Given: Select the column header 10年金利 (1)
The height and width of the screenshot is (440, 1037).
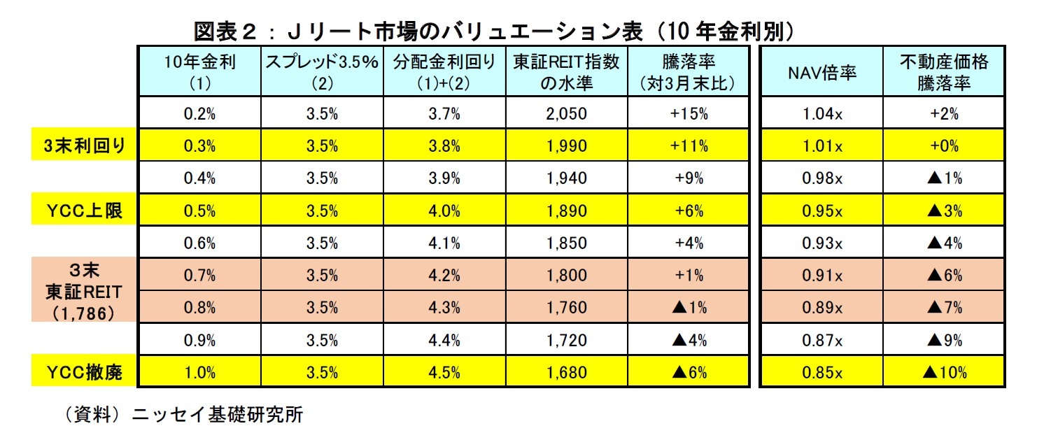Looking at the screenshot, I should tap(199, 72).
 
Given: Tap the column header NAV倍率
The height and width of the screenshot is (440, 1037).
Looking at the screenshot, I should tap(821, 73).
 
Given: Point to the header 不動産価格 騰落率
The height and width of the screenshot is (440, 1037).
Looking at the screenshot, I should tap(944, 72).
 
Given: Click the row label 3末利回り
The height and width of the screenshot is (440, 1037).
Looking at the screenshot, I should tap(84, 146).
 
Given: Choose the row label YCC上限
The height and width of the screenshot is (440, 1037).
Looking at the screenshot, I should tap(84, 211).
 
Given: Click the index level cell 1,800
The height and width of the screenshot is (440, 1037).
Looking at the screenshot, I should tap(567, 276).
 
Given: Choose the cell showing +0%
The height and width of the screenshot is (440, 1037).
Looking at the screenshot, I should tap(944, 146).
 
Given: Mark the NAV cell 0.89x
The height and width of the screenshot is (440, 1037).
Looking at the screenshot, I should tap(821, 308).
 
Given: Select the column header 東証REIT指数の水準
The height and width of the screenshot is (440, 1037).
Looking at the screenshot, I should tap(567, 72).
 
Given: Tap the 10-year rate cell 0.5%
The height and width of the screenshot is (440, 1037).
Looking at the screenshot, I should tap(199, 211).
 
